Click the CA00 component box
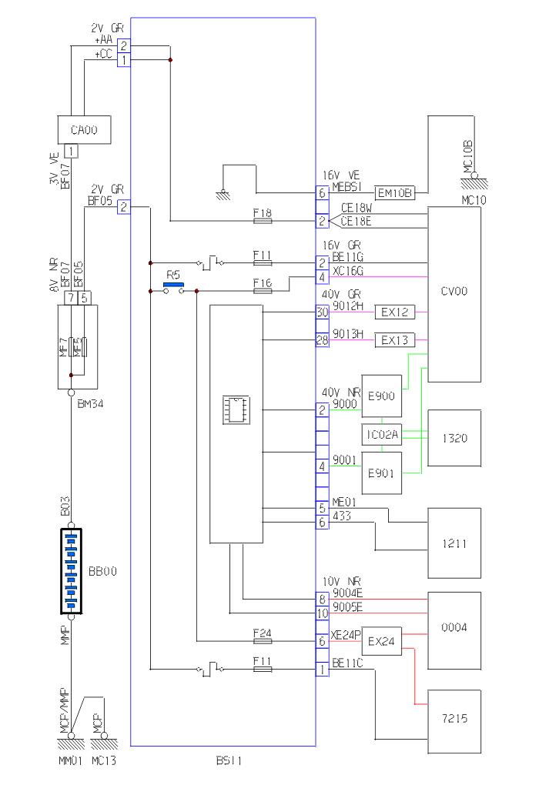pos(84,130)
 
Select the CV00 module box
pos(454,293)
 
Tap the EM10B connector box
pos(395,192)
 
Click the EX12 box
pos(394,312)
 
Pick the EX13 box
pos(394,339)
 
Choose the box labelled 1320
pos(454,438)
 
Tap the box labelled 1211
pos(454,543)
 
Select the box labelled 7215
pos(454,719)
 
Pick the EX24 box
pos(382,641)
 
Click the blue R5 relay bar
pos(174,284)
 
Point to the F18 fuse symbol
pos(263,221)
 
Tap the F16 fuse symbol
pos(263,291)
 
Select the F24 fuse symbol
pos(263,640)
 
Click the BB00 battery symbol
pos(71,571)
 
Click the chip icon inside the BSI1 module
pos(235,409)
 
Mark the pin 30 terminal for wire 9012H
pos(322,312)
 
